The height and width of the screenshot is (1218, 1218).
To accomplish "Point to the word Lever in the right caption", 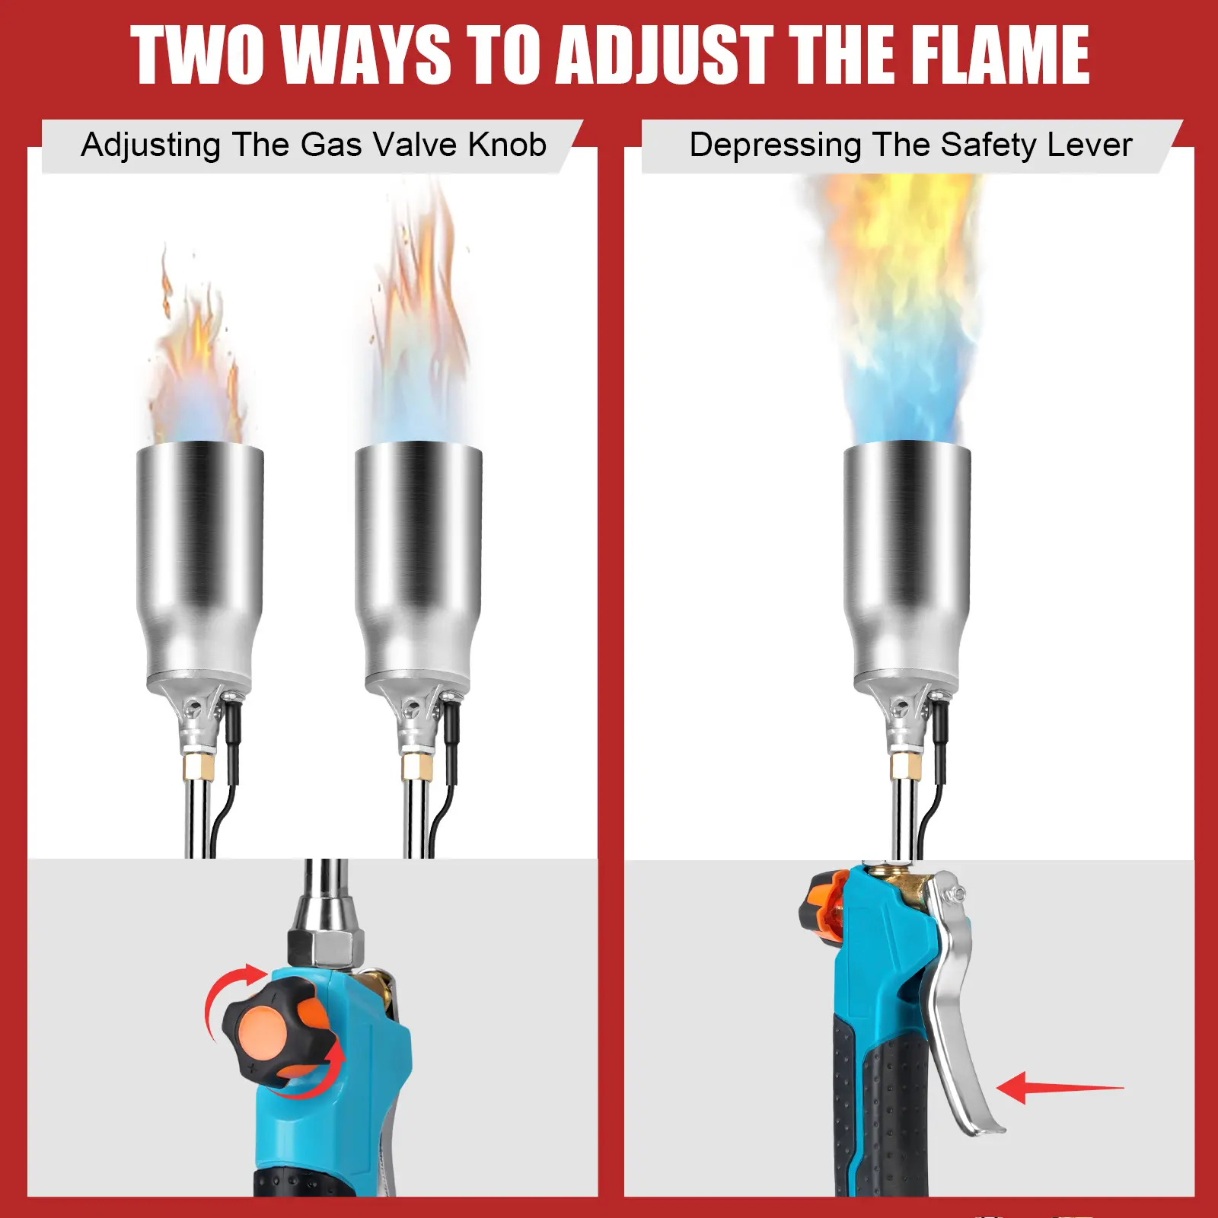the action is click(x=1092, y=145).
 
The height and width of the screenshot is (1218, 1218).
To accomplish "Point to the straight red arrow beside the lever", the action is click(x=1060, y=1087).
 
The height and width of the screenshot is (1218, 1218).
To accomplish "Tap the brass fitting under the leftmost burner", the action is click(x=199, y=767).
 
